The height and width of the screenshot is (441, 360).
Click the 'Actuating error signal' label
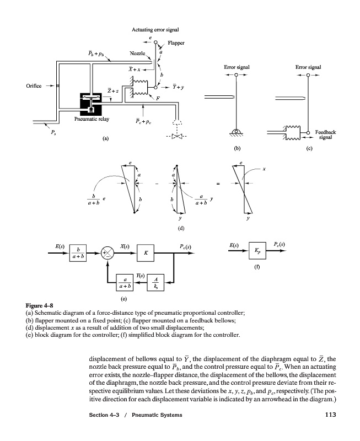(155, 30)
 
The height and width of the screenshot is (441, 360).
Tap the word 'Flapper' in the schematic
(176, 43)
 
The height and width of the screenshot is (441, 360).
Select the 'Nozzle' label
(137, 53)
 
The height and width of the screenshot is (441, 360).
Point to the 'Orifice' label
(34, 86)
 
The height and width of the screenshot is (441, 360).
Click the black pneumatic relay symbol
(90, 104)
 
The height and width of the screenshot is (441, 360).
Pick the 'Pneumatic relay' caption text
(92, 119)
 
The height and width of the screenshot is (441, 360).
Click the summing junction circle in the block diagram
(108, 253)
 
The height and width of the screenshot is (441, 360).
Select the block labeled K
(146, 253)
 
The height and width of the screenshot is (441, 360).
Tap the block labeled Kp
(257, 250)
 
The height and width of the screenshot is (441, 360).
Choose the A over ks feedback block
(155, 282)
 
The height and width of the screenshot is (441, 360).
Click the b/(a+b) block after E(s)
(78, 253)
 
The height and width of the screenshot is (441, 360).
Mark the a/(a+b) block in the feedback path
(125, 282)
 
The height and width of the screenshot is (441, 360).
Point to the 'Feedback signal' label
(325, 135)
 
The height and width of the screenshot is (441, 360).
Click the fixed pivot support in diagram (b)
(237, 132)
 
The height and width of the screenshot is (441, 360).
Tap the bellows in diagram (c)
(293, 133)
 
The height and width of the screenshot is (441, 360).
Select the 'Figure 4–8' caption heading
(39, 305)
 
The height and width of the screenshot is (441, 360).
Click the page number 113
(330, 415)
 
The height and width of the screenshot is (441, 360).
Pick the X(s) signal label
(125, 246)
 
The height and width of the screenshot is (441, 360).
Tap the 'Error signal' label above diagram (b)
(237, 67)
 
